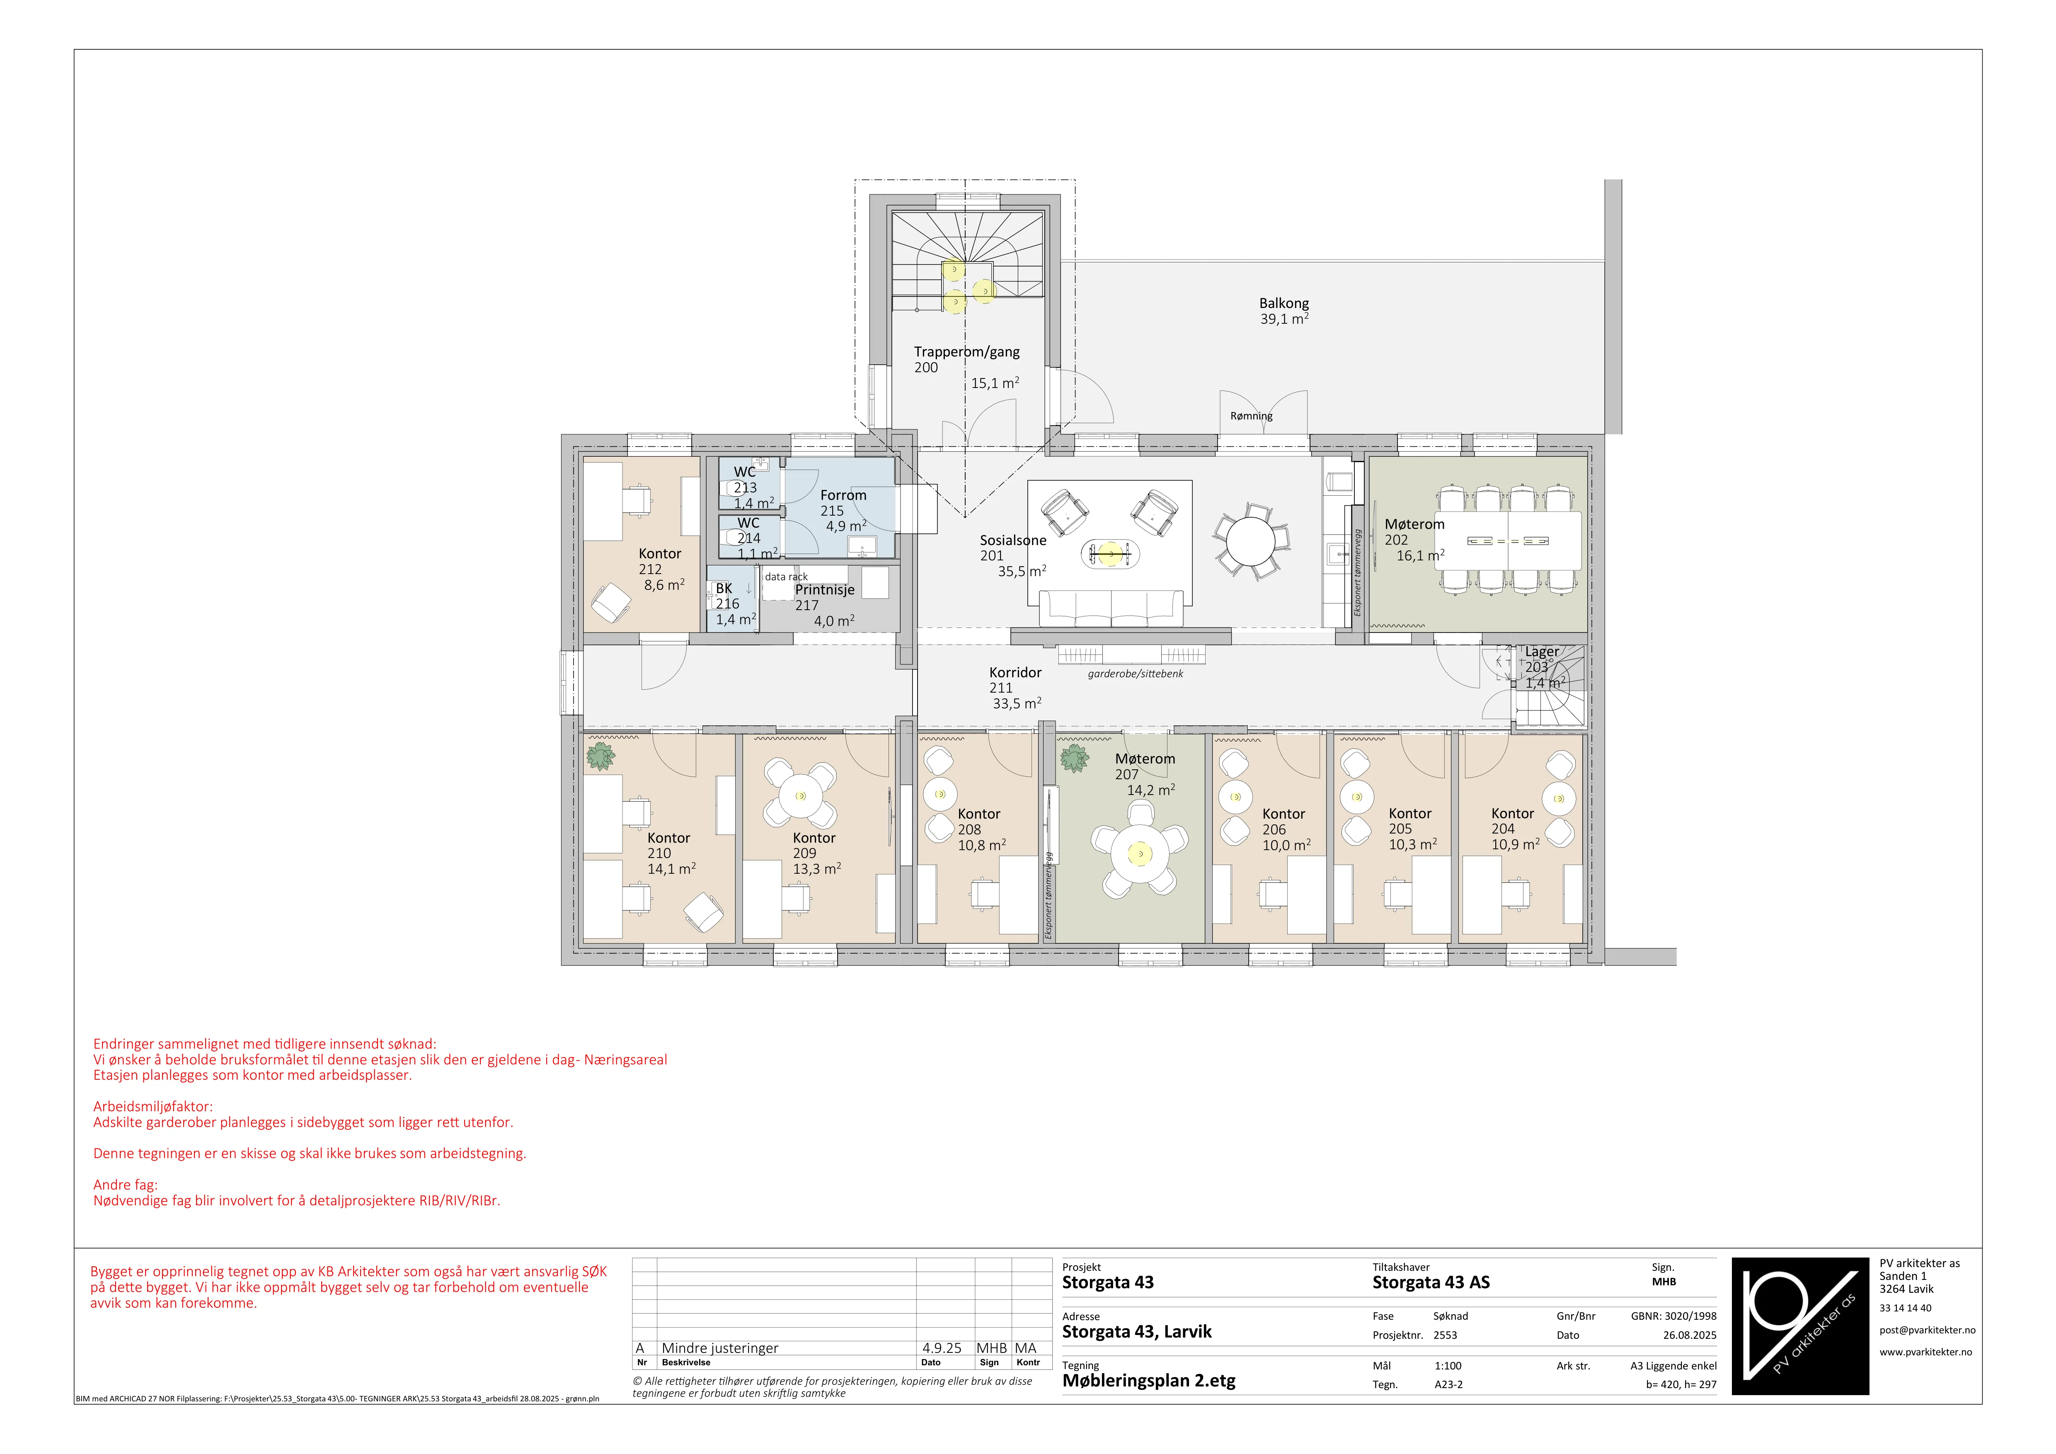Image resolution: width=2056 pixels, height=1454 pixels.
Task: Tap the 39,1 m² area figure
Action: coord(1284,319)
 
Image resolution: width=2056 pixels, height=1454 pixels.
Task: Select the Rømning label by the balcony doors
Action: coord(1251,416)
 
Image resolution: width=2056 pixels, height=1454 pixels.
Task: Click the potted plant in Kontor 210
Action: coord(600,756)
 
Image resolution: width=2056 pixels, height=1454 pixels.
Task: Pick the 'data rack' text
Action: coord(786,577)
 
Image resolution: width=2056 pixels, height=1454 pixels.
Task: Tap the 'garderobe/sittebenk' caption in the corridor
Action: coord(1136,673)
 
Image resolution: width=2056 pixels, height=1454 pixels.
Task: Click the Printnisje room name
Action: coord(825,590)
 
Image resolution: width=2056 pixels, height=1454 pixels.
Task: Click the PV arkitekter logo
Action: coord(1800,1326)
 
